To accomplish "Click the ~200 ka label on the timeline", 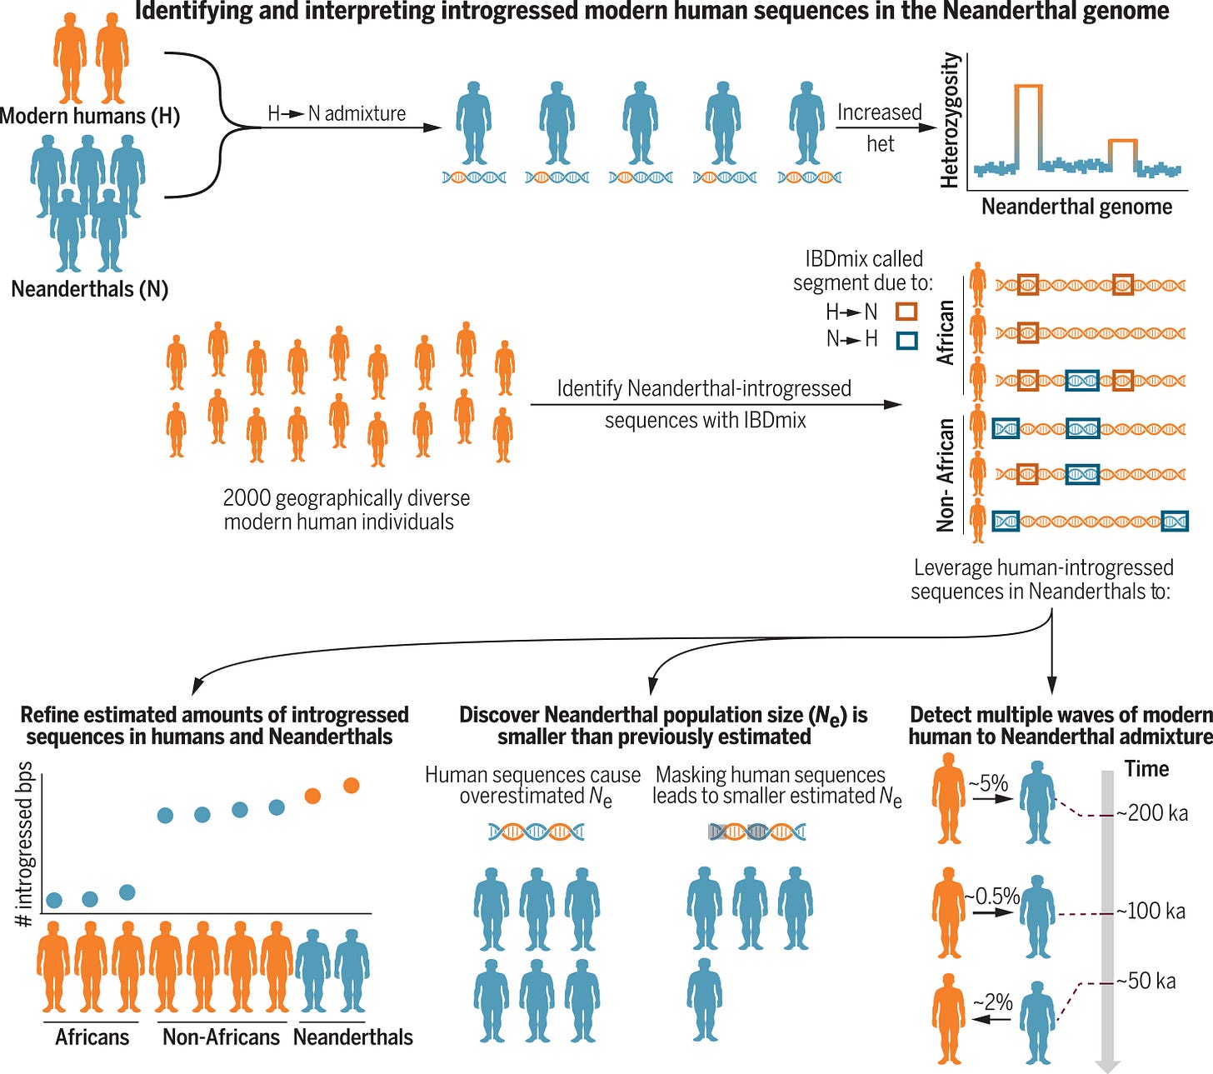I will tap(1153, 813).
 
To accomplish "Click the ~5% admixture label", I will tap(989, 783).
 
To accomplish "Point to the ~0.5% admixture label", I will tap(993, 897).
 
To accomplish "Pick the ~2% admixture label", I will tap(993, 1002).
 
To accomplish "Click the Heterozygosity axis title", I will tap(951, 120).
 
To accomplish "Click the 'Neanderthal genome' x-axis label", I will tap(1076, 207).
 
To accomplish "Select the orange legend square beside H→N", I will tap(906, 312).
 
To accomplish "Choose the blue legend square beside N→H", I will tap(906, 339).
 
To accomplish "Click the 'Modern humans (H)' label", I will tap(90, 115).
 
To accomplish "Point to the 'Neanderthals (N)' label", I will tap(90, 289).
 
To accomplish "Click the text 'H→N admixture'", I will tap(337, 113).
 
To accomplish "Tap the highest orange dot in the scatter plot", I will tap(352, 785).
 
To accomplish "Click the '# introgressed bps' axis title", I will tap(24, 844).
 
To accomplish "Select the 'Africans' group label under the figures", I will tap(92, 1037).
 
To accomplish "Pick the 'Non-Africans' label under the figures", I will tap(222, 1037).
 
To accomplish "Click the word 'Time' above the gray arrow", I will tap(1147, 769).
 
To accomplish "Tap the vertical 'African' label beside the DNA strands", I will tap(946, 332).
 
